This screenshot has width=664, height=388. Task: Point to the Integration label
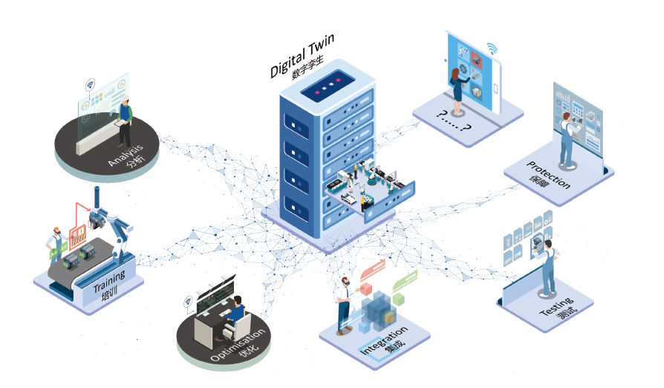[383, 339]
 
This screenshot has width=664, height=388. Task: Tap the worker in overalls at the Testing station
[547, 267]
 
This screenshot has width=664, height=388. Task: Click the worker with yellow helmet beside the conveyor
[55, 250]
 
